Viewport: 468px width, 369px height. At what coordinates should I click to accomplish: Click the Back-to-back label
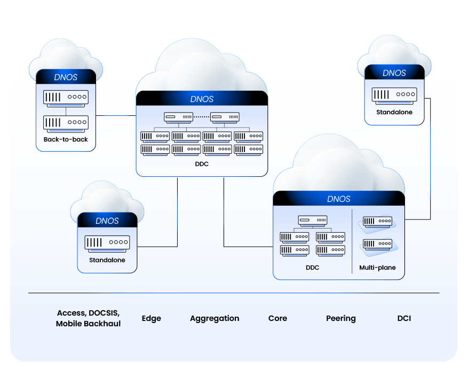click(66, 140)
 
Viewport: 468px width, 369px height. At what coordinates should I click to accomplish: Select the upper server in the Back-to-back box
click(66, 97)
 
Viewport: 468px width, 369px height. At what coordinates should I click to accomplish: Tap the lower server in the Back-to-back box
click(66, 122)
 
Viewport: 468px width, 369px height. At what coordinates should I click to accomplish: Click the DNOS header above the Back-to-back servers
click(66, 77)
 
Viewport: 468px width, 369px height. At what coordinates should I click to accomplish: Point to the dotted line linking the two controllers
click(202, 116)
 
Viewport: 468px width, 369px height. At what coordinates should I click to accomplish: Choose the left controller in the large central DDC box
click(178, 116)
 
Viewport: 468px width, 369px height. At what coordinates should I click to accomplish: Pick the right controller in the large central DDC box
click(225, 116)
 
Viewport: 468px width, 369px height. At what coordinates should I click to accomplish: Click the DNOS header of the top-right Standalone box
click(394, 73)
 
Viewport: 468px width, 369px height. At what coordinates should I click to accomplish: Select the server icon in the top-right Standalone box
click(394, 95)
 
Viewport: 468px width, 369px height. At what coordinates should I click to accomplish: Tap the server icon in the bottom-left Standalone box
click(107, 242)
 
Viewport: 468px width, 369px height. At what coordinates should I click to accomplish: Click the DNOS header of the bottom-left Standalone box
click(107, 221)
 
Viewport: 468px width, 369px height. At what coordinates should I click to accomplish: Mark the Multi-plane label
click(378, 268)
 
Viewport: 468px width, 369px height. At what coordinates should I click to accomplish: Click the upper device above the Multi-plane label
click(378, 221)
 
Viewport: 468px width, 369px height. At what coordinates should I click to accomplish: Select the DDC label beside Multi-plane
click(312, 268)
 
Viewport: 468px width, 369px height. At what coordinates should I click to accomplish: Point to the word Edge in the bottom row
click(151, 318)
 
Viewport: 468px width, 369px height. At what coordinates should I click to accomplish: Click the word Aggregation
click(215, 318)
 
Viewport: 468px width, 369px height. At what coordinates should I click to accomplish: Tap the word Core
click(277, 318)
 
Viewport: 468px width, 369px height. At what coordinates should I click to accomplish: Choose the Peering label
click(341, 318)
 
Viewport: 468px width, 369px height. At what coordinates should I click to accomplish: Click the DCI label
click(404, 318)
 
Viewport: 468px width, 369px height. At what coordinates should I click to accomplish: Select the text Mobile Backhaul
click(89, 324)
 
